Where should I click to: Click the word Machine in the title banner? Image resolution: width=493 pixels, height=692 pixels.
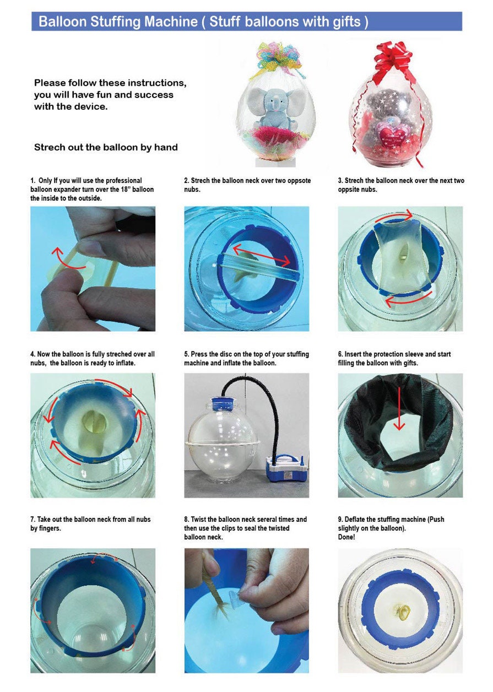pos(171,21)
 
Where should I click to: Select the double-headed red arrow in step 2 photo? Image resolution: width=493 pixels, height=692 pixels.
pos(261,256)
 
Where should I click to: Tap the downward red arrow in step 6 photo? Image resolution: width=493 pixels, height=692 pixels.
pos(399,409)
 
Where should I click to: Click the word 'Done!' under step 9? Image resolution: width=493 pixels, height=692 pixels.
pos(346,537)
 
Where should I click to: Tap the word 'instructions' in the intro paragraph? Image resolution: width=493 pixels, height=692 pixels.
pos(157,83)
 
